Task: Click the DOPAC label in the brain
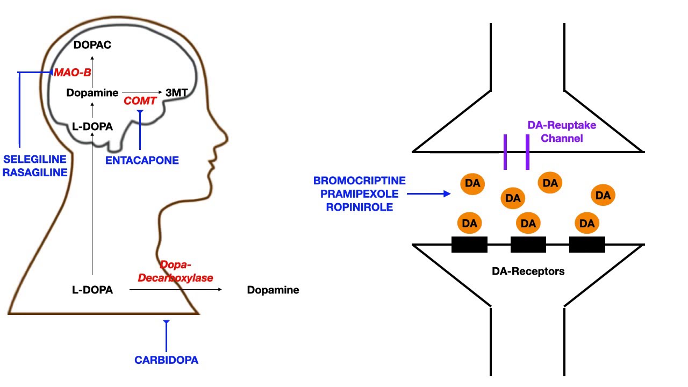tap(92, 45)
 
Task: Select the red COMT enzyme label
tap(140, 101)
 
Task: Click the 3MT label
tap(176, 93)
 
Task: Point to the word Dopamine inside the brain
tap(92, 93)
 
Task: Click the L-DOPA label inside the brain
tap(92, 127)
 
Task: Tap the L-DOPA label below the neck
tap(92, 290)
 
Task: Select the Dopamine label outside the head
tap(273, 290)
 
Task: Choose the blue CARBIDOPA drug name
tap(166, 360)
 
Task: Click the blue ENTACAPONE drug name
tap(142, 160)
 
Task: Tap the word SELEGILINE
tap(34, 160)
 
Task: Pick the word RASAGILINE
tap(34, 173)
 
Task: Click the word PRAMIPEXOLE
tap(360, 194)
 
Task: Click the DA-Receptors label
tap(528, 271)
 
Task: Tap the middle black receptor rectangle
tap(528, 245)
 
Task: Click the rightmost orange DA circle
tap(603, 196)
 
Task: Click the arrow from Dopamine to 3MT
tap(142, 92)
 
